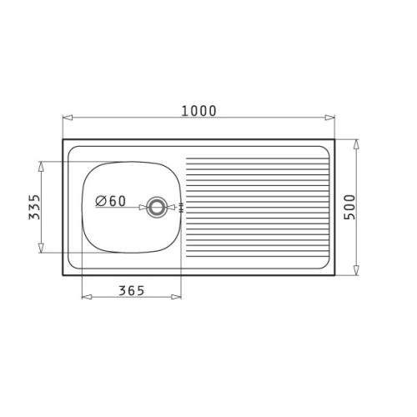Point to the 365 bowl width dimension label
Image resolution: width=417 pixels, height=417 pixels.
click(131, 290)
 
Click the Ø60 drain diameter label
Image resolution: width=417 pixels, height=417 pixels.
click(111, 201)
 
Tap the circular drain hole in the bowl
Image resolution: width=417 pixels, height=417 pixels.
click(156, 207)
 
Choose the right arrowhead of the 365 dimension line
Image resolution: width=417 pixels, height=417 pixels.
click(178, 298)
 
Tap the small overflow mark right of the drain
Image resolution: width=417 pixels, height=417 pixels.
click(180, 207)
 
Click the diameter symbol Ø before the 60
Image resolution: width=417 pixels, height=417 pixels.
click(100, 201)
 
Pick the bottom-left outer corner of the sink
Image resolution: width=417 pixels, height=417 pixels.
click(63, 276)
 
